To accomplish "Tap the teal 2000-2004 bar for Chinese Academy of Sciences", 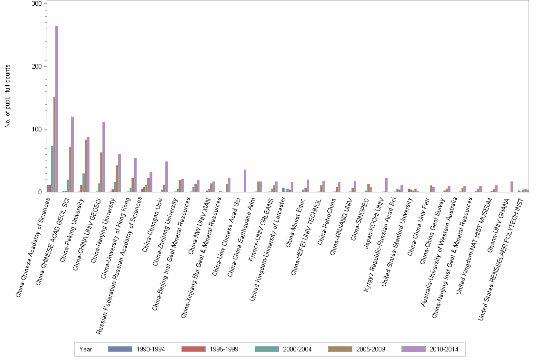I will (x=52, y=169).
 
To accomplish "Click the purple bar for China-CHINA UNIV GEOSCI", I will (x=103, y=157).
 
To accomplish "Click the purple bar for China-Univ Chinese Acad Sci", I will (x=245, y=181).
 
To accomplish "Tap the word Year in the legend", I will (x=86, y=349).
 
